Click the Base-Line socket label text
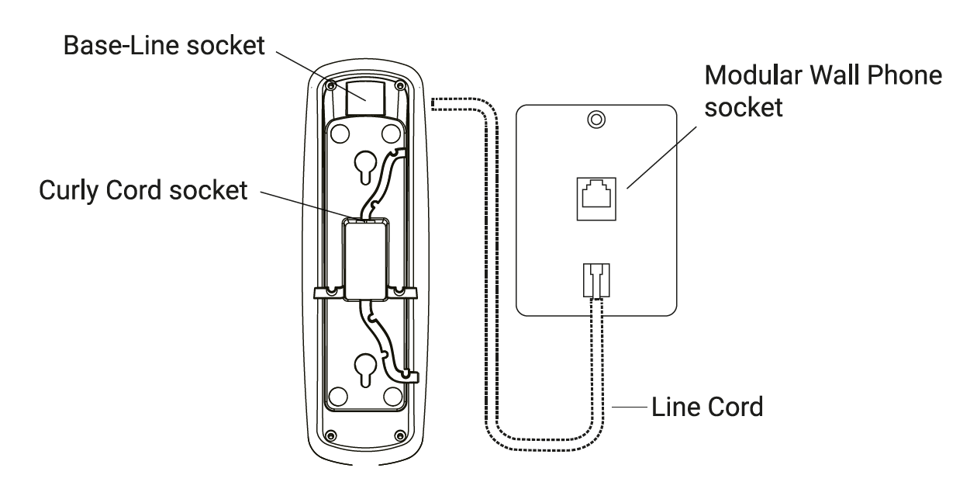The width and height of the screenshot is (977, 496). pyautogui.click(x=165, y=45)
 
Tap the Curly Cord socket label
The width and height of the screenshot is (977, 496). pyautogui.click(x=143, y=190)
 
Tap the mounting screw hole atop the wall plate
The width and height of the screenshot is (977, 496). pyautogui.click(x=595, y=120)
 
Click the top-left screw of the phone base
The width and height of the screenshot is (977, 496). pyautogui.click(x=330, y=84)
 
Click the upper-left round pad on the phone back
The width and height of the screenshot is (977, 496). pyautogui.click(x=339, y=134)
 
